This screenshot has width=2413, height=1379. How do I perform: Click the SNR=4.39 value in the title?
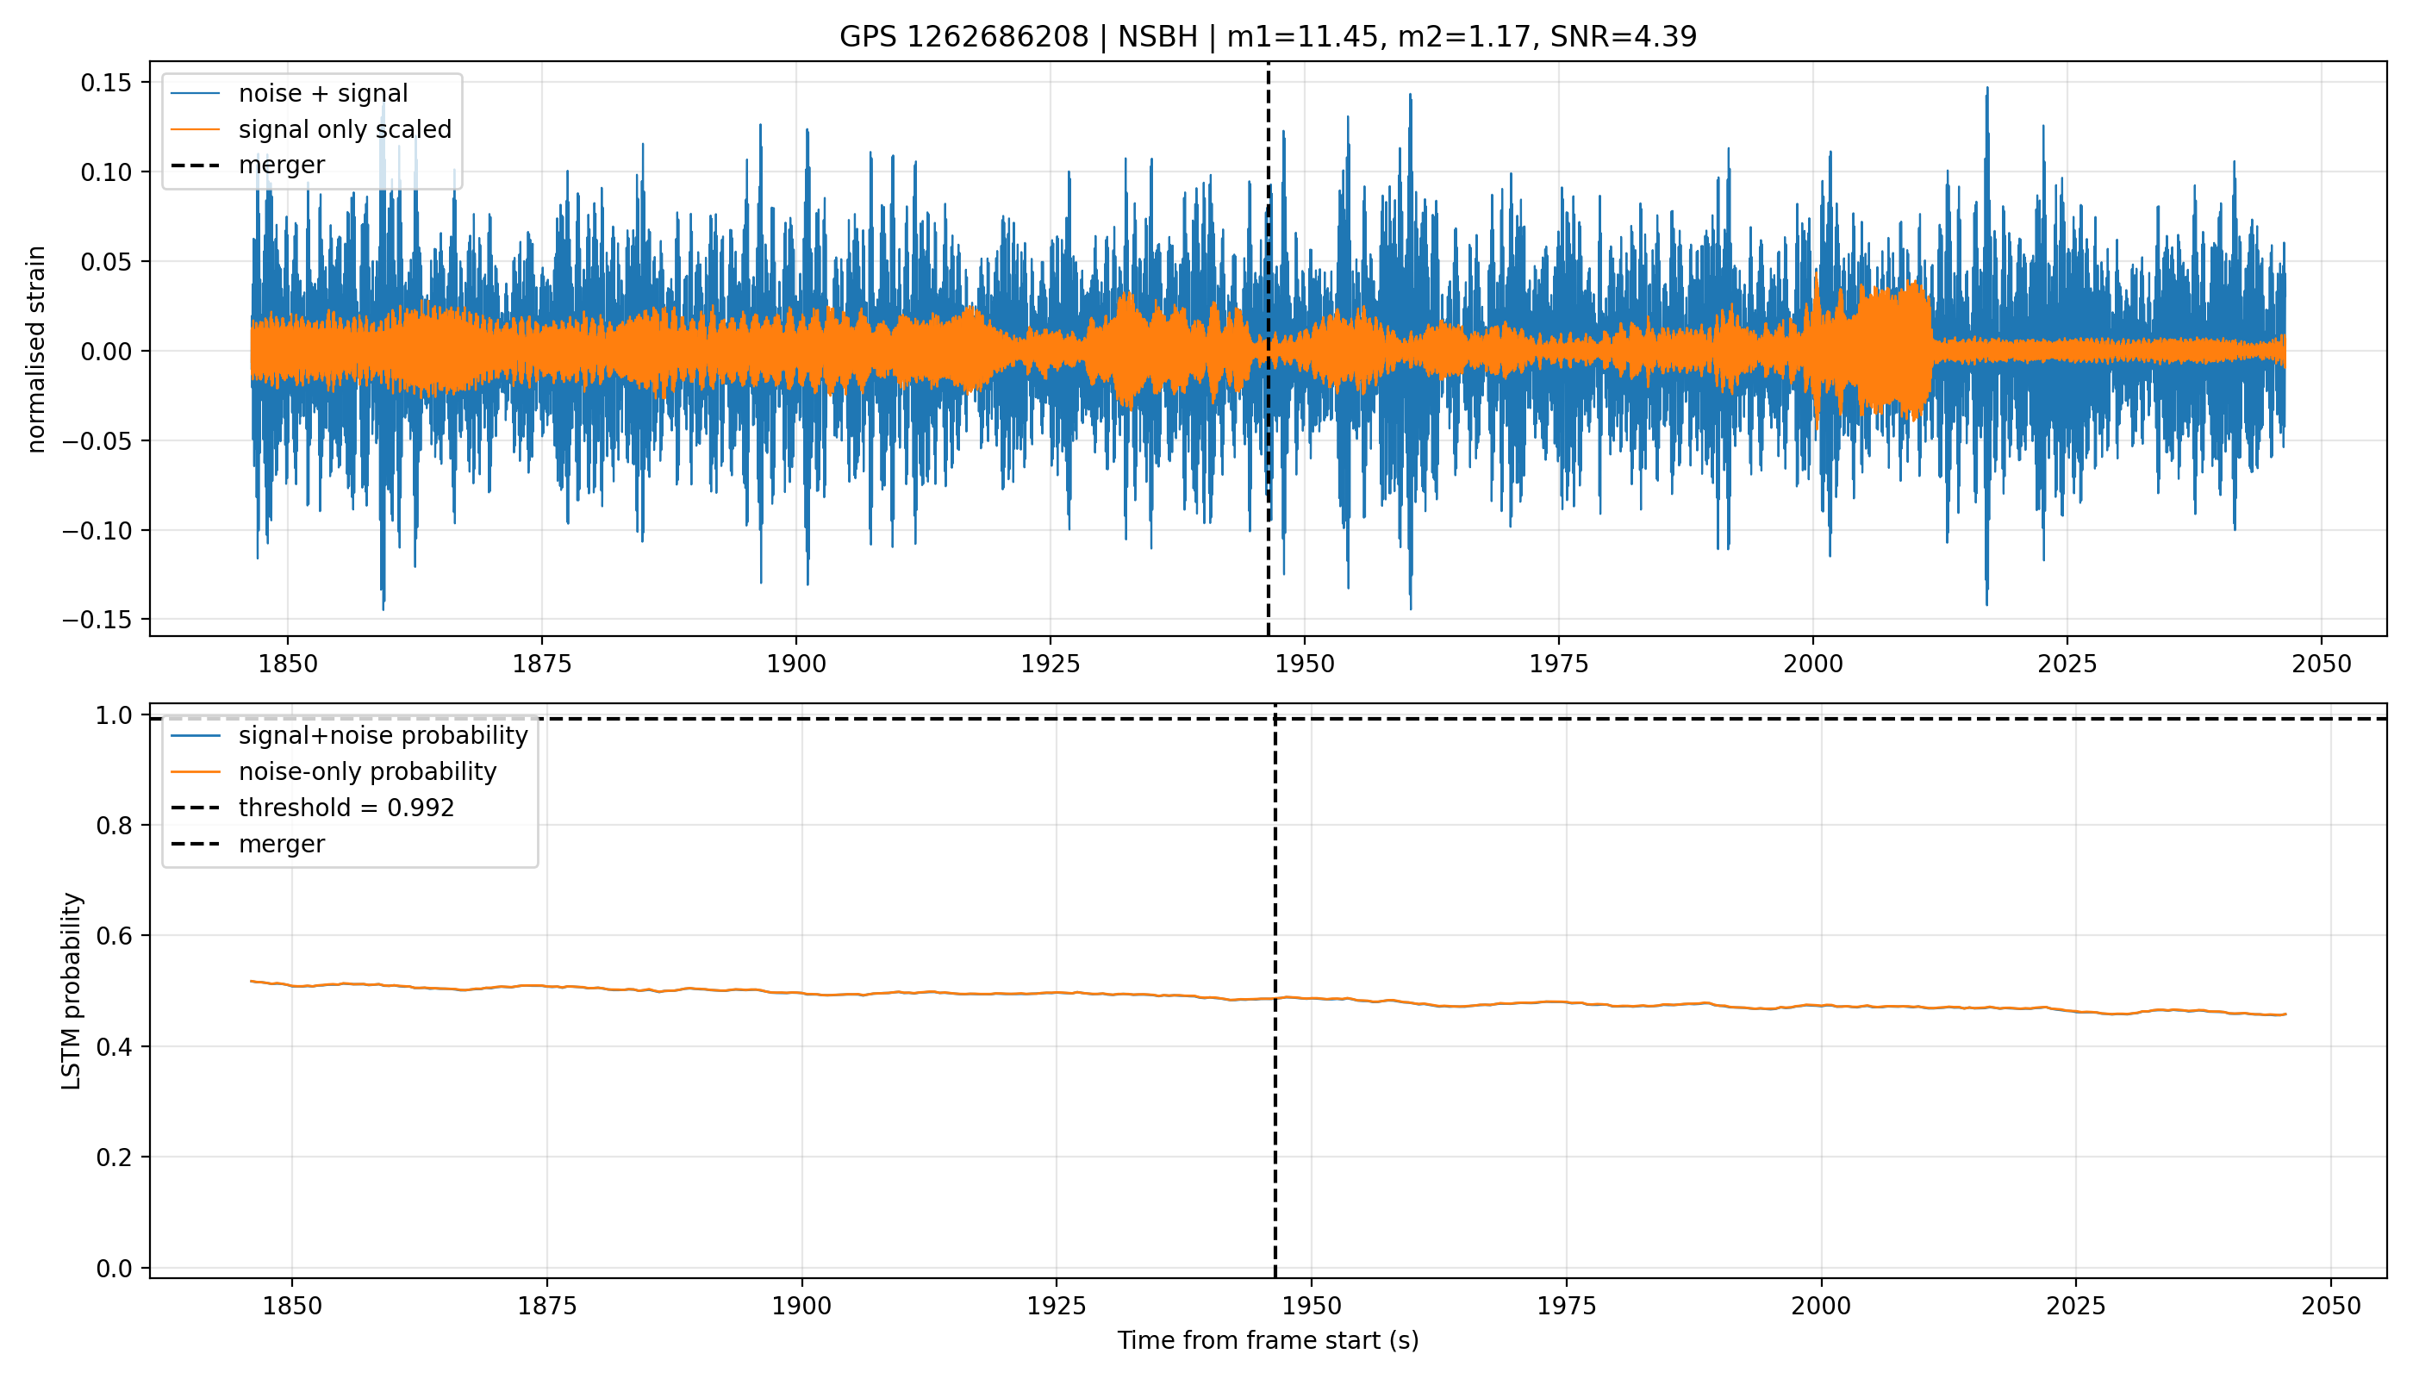tap(1624, 37)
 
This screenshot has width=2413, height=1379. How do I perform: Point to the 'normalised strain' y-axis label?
tap(36, 349)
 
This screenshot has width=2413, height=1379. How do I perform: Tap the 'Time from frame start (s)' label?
tap(1268, 1340)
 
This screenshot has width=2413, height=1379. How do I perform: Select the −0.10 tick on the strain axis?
tap(98, 530)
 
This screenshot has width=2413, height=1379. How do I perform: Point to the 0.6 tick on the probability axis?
tap(115, 936)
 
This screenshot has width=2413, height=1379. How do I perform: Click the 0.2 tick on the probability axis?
tap(115, 1157)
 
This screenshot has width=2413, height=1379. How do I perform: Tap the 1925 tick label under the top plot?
tap(1051, 665)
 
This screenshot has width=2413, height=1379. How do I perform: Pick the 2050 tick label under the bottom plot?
tap(2330, 1307)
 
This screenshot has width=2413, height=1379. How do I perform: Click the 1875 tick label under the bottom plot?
tap(547, 1307)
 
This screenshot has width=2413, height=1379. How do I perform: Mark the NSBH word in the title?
tap(1157, 37)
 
